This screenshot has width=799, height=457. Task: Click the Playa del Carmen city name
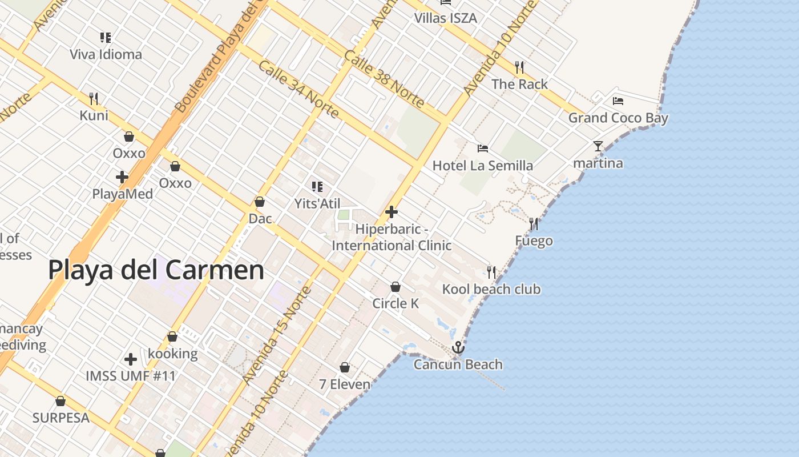click(x=156, y=270)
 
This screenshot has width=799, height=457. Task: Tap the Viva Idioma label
click(x=106, y=55)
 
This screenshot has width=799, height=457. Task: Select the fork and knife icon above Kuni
click(x=94, y=99)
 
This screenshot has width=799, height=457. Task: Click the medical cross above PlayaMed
click(x=122, y=177)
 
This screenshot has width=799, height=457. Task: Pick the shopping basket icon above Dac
click(x=260, y=202)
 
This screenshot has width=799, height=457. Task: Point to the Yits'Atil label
click(x=317, y=203)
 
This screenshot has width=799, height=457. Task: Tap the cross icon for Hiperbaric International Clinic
click(x=392, y=212)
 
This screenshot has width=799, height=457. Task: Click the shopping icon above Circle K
click(x=396, y=286)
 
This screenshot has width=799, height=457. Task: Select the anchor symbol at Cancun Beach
click(x=458, y=347)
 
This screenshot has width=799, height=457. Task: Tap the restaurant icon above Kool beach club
click(x=491, y=272)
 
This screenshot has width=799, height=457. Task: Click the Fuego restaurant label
click(x=534, y=240)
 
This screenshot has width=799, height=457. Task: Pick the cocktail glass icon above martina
click(x=598, y=146)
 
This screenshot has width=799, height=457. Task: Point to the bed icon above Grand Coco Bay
click(x=618, y=101)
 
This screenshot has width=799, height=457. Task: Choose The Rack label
click(x=519, y=84)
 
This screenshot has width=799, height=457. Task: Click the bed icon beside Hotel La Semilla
click(x=483, y=149)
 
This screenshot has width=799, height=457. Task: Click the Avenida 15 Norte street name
click(x=277, y=335)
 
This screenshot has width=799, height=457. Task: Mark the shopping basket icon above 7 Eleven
click(x=345, y=367)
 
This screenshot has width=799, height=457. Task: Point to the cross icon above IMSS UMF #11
click(x=131, y=359)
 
